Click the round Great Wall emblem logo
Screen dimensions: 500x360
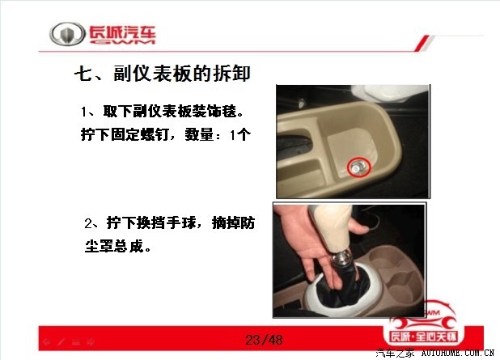click(67, 34)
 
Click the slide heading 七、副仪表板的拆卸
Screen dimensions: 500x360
click(163, 74)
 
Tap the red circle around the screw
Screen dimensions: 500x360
click(359, 167)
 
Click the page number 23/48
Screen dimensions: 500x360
click(264, 340)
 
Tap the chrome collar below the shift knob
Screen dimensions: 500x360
click(341, 257)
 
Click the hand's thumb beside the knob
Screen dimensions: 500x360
click(359, 227)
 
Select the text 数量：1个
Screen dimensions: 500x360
click(218, 135)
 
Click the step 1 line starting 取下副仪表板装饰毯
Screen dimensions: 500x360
click(163, 112)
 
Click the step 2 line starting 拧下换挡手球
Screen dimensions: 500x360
click(170, 222)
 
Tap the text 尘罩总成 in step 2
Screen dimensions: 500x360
click(114, 246)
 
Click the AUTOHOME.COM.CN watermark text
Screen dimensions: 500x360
click(458, 353)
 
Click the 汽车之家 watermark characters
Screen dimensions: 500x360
click(395, 353)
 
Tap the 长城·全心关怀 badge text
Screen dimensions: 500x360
click(424, 337)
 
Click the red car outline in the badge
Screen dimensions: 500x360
click(424, 316)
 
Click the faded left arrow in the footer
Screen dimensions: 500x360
click(47, 342)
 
